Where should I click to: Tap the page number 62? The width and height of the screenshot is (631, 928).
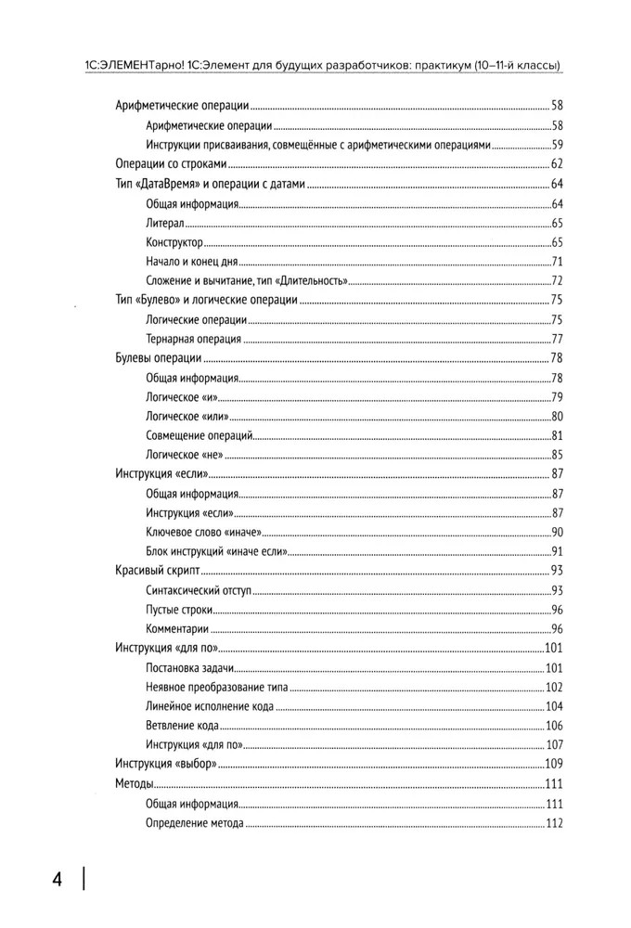(557, 164)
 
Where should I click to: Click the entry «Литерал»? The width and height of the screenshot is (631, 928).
(165, 223)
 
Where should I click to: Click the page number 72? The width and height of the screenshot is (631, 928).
(558, 281)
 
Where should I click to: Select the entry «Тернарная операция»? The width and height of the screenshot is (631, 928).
(194, 339)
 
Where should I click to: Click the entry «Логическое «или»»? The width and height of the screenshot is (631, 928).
(187, 417)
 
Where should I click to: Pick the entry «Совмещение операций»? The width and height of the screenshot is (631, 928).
(199, 436)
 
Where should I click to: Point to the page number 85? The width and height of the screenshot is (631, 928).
(558, 455)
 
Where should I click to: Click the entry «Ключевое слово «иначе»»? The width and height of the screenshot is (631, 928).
(205, 532)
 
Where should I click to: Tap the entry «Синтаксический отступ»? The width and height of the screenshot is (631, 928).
(199, 590)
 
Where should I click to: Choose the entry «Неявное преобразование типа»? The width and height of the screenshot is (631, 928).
(216, 688)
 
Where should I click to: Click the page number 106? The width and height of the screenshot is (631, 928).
(555, 726)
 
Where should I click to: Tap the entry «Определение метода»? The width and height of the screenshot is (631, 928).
(195, 823)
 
